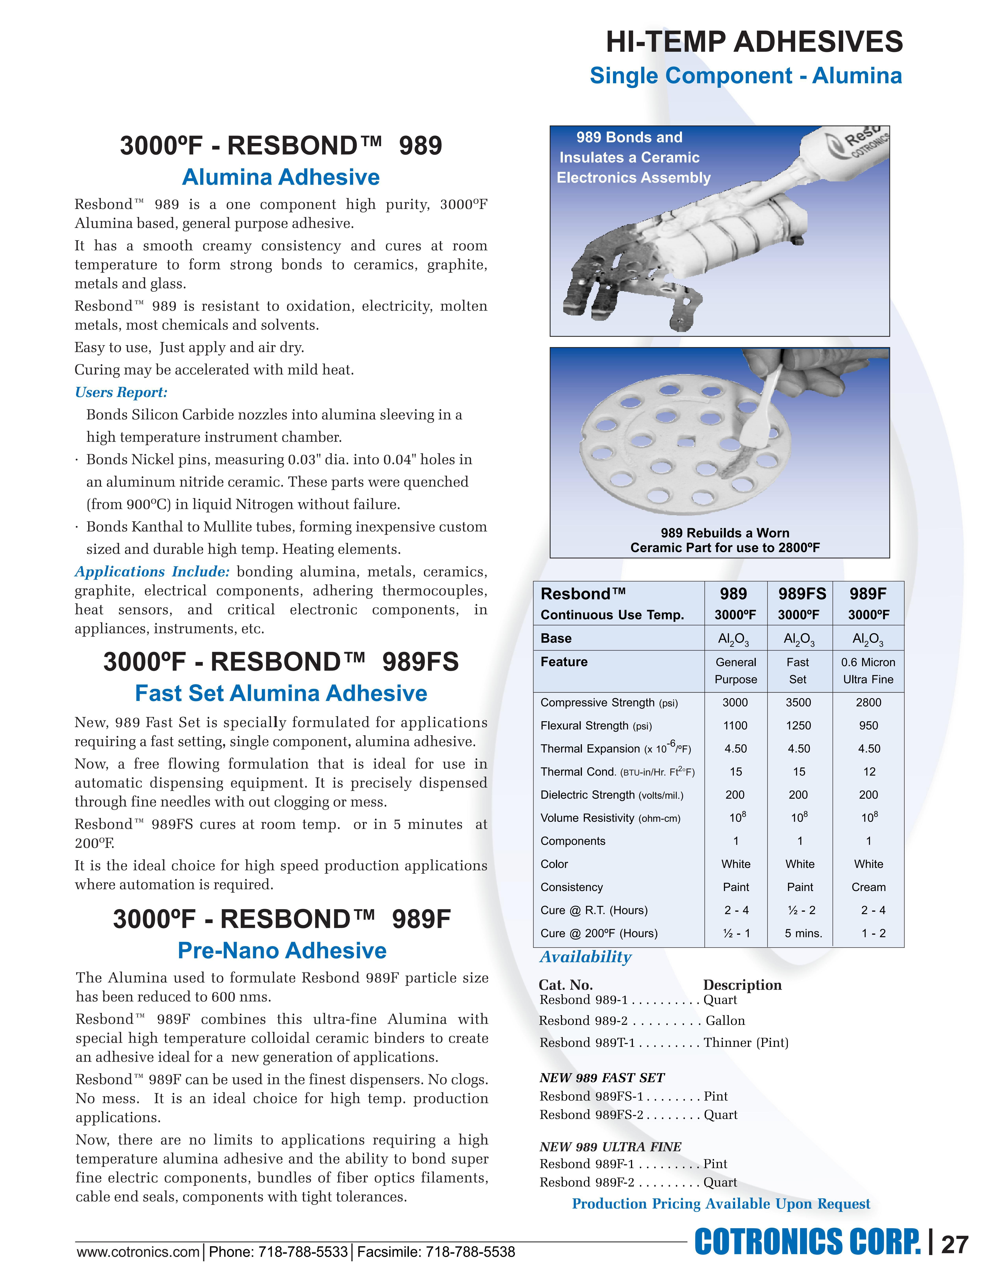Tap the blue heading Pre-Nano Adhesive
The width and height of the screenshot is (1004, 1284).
(x=282, y=951)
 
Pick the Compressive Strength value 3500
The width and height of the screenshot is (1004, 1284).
(x=798, y=703)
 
